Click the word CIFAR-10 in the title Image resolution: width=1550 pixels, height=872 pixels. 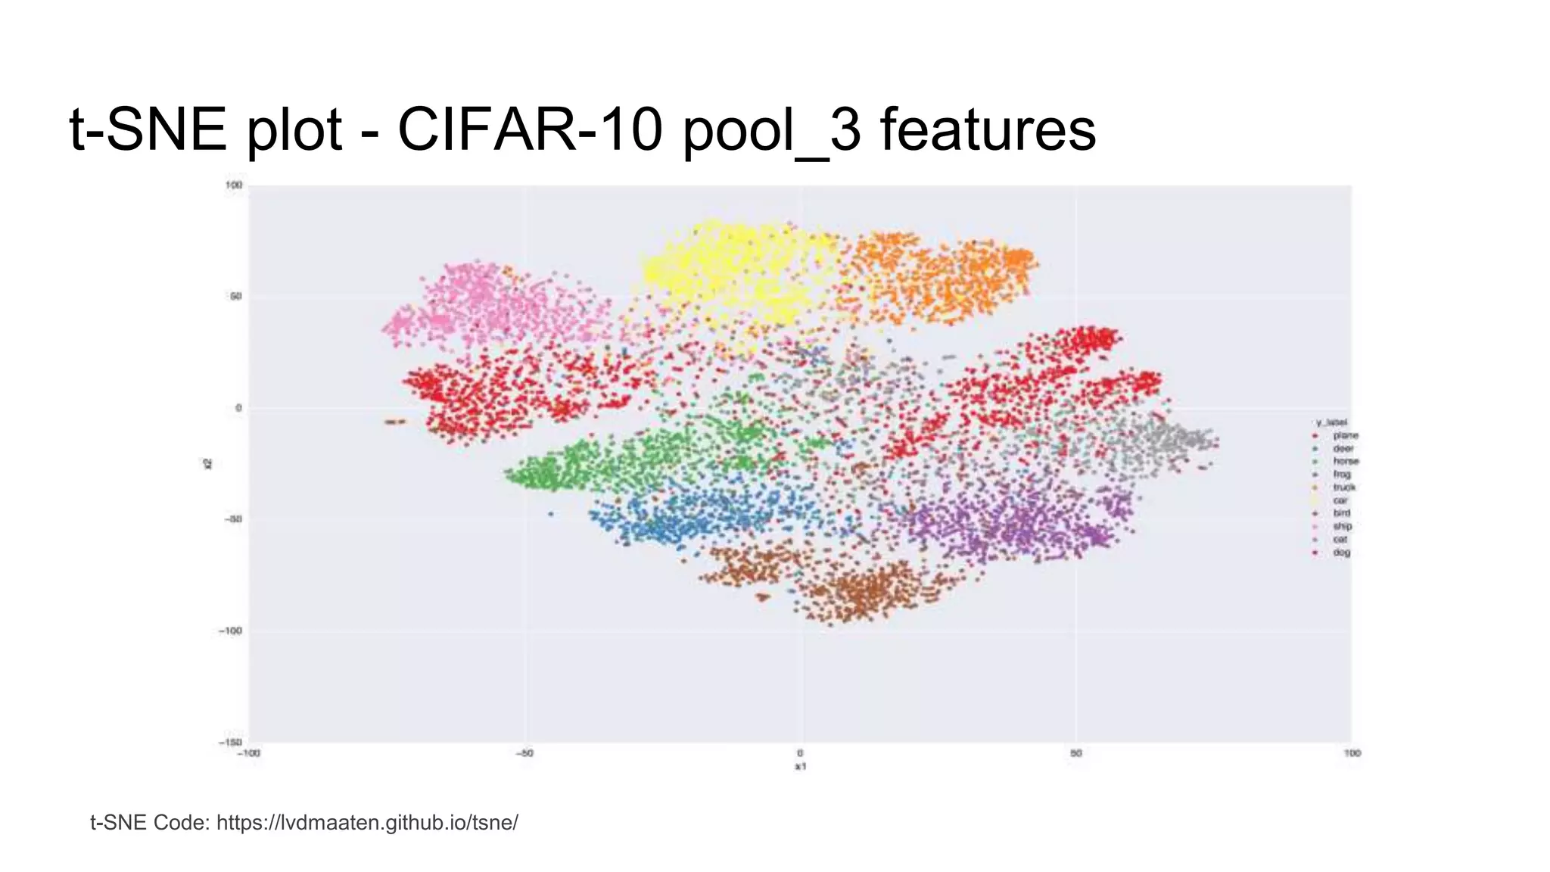(529, 129)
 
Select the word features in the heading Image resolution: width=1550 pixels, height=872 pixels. (988, 129)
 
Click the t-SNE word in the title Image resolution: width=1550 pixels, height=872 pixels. (148, 129)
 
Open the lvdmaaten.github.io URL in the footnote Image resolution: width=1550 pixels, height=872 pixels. (367, 822)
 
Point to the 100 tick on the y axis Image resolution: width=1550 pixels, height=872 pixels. (233, 185)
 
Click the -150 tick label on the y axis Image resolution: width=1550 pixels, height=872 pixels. (231, 742)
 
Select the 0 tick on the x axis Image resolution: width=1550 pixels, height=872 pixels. (800, 753)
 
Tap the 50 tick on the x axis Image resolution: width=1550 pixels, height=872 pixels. (1075, 753)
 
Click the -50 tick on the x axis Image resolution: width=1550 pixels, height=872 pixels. (524, 753)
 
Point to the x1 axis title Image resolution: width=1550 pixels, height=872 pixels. (800, 766)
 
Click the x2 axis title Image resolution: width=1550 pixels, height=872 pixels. (207, 463)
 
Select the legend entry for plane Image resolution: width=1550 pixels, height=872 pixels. (1345, 435)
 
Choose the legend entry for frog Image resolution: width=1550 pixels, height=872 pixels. (1342, 474)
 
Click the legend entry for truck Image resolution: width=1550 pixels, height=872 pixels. (1344, 487)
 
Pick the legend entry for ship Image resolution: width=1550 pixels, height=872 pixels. (1342, 526)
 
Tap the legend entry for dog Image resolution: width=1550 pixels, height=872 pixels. (1341, 552)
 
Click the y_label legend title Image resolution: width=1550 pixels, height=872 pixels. (1331, 422)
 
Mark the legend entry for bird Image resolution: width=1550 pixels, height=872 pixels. (1341, 512)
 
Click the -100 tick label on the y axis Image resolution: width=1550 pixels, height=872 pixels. (231, 631)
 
